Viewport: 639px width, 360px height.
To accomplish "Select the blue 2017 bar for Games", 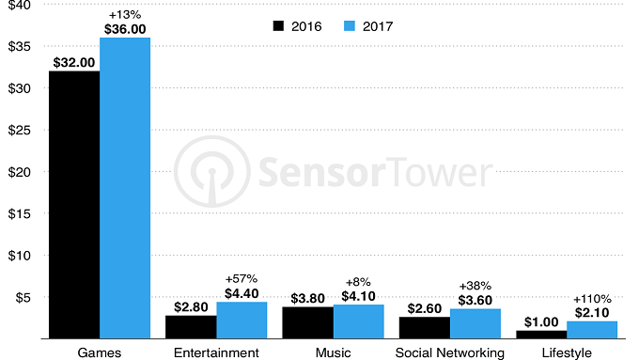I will (125, 188).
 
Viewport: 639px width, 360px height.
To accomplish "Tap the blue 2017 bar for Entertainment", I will (242, 320).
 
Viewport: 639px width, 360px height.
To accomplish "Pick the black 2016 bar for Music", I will (308, 322).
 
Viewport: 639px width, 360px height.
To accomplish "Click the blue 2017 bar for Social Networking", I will (476, 323).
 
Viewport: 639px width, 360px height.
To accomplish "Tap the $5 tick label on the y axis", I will (24, 297).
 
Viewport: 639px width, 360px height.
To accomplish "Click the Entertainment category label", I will (217, 352).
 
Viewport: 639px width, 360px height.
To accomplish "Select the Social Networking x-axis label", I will (451, 352).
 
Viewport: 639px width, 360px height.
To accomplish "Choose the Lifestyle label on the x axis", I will (568, 352).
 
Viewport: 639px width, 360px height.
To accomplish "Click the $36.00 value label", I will (125, 29).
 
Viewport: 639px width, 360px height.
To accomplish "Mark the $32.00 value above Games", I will (73, 62).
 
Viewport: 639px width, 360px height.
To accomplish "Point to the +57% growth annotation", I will (242, 279).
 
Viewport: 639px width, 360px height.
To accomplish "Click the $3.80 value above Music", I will (307, 297).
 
